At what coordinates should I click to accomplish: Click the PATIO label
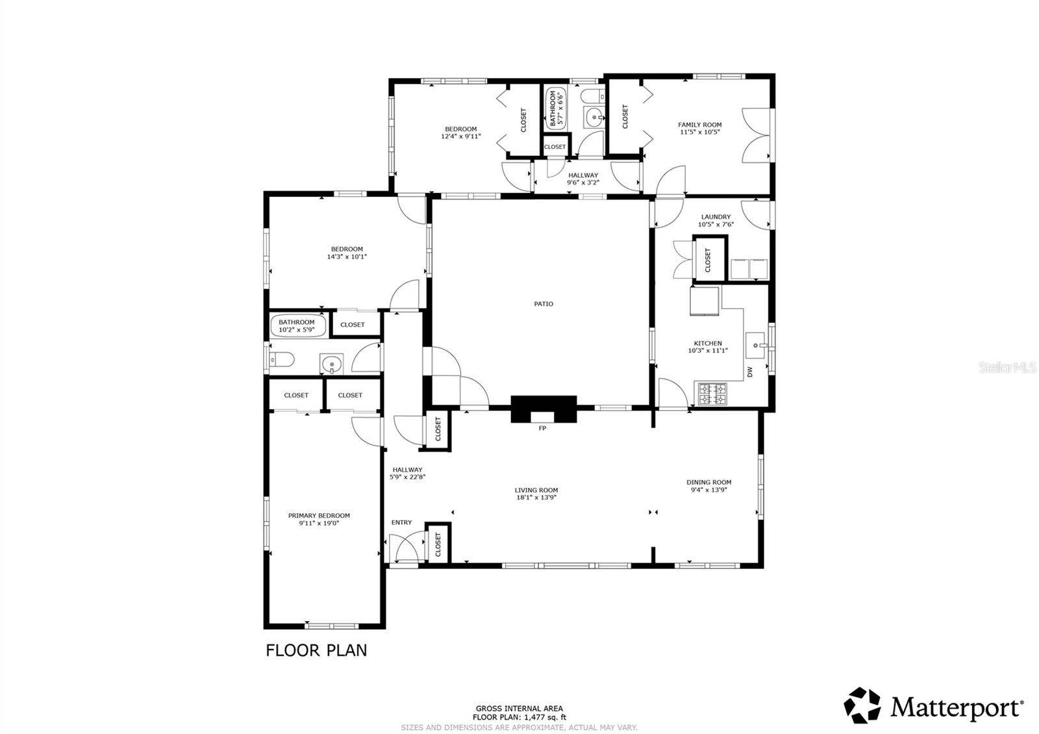tap(543, 304)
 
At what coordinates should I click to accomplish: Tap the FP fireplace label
tap(542, 428)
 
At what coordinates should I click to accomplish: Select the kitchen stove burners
tap(712, 394)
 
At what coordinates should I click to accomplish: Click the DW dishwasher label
tap(749, 372)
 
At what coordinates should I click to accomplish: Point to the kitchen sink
tap(756, 346)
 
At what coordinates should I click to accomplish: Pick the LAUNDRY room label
tap(716, 217)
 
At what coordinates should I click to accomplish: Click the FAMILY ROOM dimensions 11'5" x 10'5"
tap(699, 132)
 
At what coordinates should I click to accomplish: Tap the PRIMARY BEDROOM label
tap(319, 516)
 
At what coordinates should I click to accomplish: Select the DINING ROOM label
tap(708, 482)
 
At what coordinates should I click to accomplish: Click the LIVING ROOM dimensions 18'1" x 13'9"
tap(536, 498)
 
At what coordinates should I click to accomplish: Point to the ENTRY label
tap(401, 522)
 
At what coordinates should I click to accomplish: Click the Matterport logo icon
tap(862, 705)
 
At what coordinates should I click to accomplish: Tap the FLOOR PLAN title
tap(316, 650)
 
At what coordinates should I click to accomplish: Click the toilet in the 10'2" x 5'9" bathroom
tap(282, 360)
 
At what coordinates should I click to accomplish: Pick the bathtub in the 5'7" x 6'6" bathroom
tap(556, 108)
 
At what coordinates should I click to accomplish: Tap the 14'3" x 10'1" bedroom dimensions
tap(347, 257)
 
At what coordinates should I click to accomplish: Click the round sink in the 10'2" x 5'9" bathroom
tap(331, 363)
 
